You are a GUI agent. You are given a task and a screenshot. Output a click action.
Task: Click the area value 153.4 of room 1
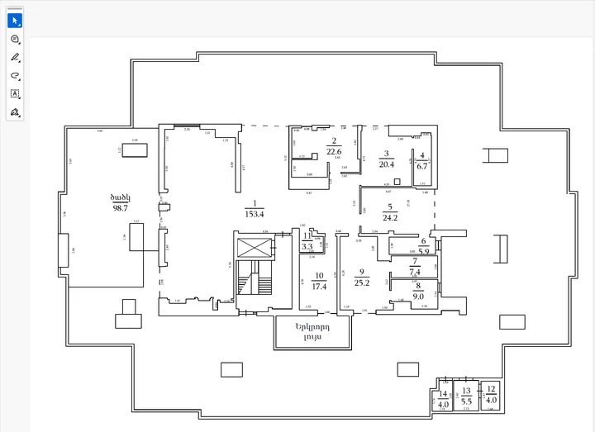pos(255,214)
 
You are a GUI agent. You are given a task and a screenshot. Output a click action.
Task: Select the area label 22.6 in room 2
pos(334,151)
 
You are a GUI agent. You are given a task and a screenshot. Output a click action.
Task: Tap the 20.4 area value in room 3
pos(386,164)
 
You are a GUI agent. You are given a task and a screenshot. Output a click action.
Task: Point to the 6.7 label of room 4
pos(422,164)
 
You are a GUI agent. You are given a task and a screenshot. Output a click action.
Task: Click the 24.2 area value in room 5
pos(390,218)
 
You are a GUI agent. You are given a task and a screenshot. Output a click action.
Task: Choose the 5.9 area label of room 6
pos(423,251)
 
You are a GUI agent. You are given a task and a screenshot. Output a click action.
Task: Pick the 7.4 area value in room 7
pos(415,271)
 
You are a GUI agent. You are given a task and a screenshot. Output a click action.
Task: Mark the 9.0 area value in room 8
pos(418,296)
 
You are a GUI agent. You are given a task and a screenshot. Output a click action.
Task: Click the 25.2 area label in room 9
pos(362,282)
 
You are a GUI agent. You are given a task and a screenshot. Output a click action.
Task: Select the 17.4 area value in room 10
pos(319,287)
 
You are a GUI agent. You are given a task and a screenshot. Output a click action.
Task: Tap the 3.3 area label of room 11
pos(307,246)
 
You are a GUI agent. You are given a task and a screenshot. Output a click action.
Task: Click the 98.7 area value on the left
pos(120,208)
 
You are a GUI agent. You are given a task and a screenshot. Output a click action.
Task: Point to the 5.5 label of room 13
pos(466,400)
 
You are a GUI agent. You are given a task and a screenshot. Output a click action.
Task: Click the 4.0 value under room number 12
pos(491,400)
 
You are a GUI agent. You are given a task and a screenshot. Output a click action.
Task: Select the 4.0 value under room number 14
pos(442,405)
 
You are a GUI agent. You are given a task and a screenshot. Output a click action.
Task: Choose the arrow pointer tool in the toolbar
pos(15,20)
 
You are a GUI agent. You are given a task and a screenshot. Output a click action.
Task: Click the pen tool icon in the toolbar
pos(15,57)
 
